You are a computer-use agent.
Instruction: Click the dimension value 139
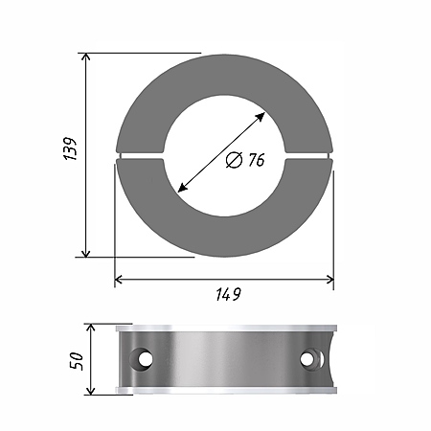point(70,148)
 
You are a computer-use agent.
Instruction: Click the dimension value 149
point(228,294)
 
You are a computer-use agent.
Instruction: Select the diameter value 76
point(257,160)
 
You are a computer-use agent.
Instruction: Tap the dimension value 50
point(77,361)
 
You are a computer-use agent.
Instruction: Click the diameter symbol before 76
point(234,160)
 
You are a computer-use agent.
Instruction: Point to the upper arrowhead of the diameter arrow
point(261,117)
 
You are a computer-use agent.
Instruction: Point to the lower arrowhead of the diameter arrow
point(182,189)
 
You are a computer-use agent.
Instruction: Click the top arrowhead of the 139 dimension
point(85,57)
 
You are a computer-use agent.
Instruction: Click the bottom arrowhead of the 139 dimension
point(85,253)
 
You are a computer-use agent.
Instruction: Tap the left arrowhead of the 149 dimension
point(119,280)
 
